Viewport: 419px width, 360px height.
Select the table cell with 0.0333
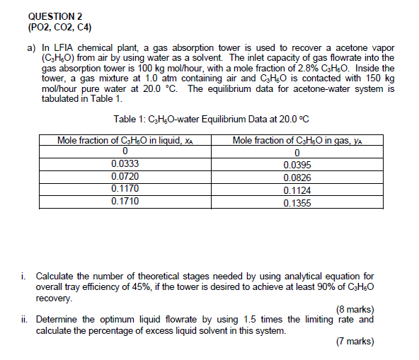125,164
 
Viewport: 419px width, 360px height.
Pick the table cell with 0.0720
125,177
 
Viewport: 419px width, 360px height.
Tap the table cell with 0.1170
125,189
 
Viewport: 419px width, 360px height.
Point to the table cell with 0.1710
125,202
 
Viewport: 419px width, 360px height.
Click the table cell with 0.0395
297,165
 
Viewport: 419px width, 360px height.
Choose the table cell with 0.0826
297,178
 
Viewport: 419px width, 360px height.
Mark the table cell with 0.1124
297,190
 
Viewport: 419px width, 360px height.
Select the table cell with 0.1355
297,202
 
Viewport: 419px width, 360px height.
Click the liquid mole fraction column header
125,140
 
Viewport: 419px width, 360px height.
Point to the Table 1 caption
212,120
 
